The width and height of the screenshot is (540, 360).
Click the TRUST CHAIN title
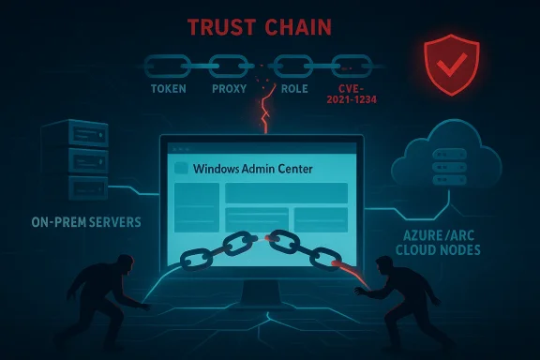[x=270, y=27]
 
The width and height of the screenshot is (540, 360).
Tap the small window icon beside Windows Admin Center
[x=182, y=170]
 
